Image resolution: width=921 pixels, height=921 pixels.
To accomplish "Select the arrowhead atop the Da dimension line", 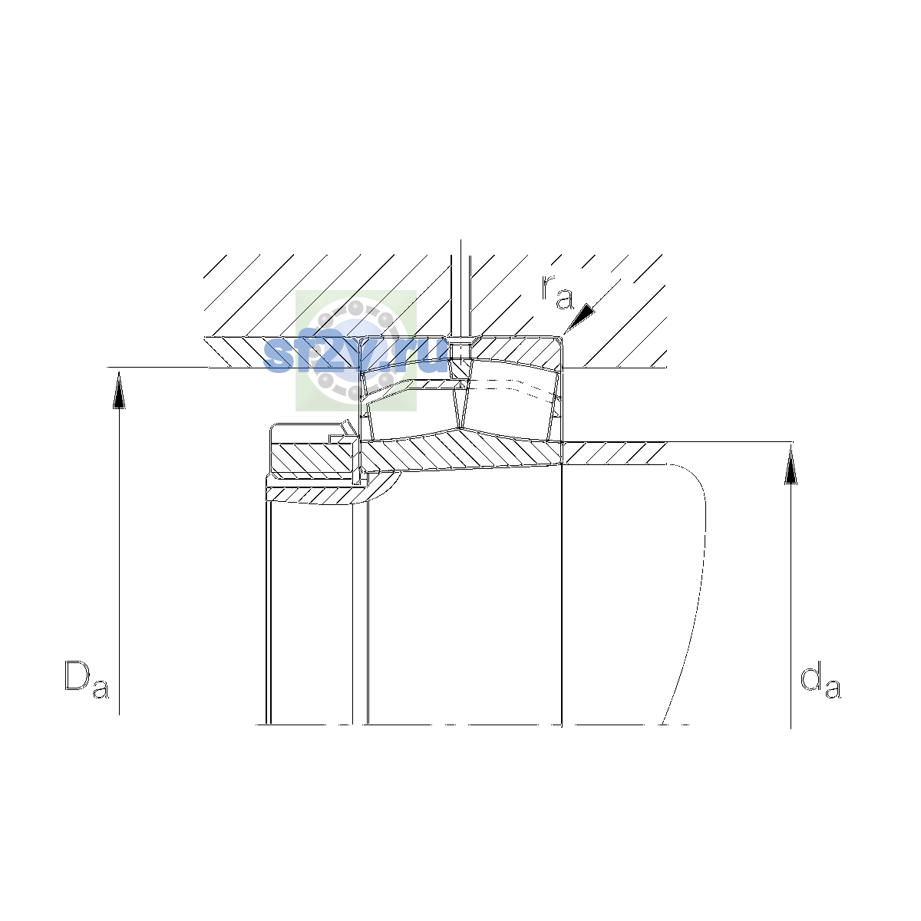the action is click(119, 390).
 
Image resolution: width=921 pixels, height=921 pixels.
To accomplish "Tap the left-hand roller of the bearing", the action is click(412, 401).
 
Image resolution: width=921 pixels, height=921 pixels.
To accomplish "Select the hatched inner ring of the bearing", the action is click(461, 451).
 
